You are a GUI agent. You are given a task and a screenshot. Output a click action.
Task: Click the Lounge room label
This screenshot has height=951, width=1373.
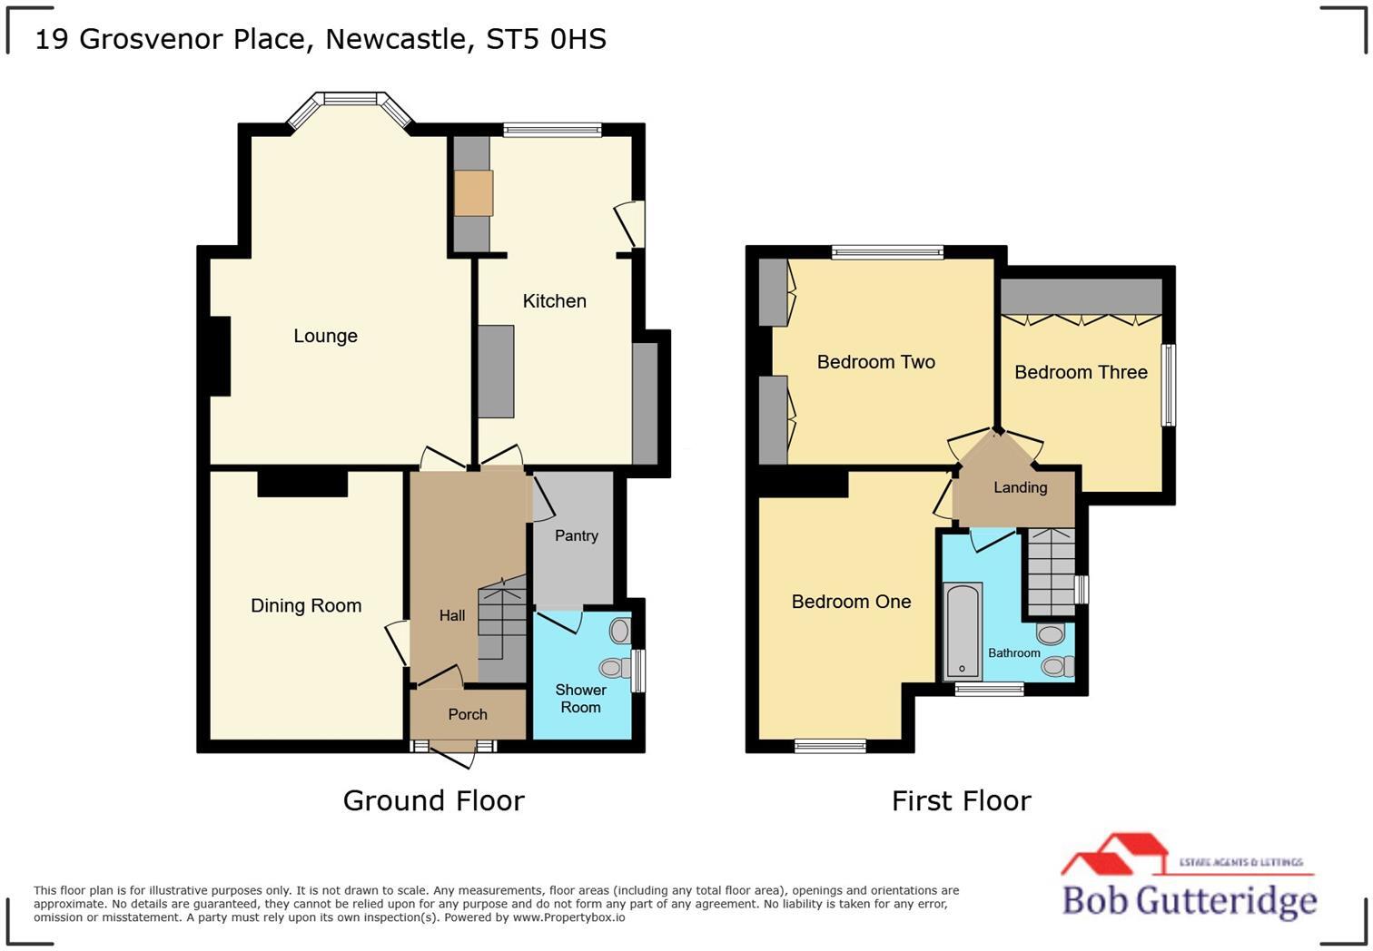tap(325, 336)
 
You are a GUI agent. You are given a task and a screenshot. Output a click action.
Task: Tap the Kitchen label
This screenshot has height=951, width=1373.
tap(554, 301)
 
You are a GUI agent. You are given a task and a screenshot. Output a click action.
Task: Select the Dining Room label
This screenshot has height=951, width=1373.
tap(306, 605)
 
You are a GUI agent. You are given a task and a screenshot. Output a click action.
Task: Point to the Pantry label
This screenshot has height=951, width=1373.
tap(576, 535)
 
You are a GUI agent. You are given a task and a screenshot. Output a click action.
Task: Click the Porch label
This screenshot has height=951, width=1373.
tap(468, 714)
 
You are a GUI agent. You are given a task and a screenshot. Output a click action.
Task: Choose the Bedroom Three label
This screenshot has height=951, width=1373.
tap(1081, 372)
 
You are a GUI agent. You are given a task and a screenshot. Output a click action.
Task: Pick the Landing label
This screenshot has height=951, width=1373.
tap(1020, 487)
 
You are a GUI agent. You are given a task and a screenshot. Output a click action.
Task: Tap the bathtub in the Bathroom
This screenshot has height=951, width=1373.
tap(963, 631)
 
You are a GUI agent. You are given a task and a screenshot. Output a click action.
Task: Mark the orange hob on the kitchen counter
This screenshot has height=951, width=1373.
tap(473, 192)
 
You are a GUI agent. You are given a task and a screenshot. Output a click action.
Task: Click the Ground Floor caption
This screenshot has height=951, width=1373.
tap(433, 800)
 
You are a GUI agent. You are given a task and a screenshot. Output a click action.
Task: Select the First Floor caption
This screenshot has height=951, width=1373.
tap(961, 800)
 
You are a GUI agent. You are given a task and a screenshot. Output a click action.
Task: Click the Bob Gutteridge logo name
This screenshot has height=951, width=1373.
tap(1189, 900)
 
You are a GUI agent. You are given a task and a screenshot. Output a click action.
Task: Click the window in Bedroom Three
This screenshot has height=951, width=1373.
tap(1170, 385)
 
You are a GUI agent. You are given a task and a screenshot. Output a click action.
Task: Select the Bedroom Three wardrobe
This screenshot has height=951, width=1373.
tap(1081, 297)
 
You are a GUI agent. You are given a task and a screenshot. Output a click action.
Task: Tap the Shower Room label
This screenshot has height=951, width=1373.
tap(580, 699)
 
